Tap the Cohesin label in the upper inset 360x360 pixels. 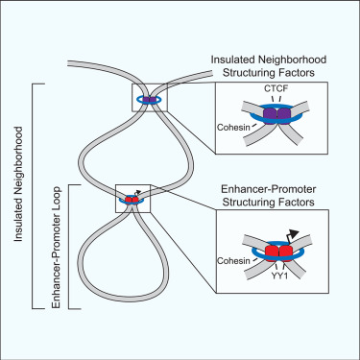point(234,124)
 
